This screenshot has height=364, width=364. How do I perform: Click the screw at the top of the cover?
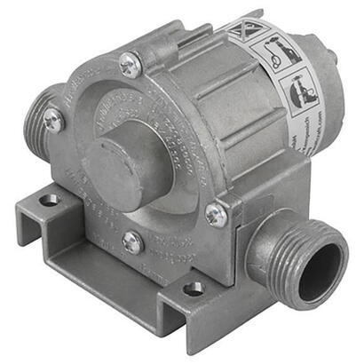[131, 64]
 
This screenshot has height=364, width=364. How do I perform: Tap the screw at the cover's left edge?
[53, 123]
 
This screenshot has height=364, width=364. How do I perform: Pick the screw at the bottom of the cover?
[132, 241]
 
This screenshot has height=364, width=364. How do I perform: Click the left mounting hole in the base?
[50, 200]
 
